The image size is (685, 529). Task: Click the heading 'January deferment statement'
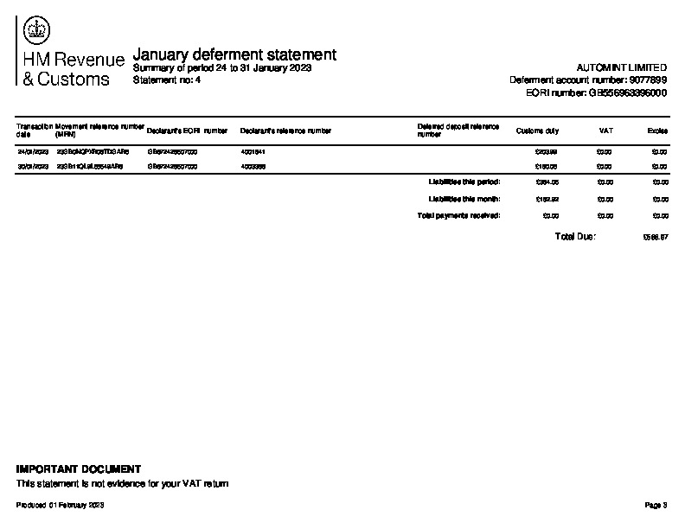(234, 54)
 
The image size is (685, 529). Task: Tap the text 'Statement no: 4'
(167, 80)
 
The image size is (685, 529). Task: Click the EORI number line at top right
(596, 92)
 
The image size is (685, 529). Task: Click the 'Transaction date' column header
(34, 131)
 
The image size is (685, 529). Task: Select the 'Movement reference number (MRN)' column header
(99, 131)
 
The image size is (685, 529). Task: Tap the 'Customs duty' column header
(537, 131)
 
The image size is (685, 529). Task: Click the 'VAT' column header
(605, 131)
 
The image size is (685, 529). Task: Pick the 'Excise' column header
(657, 131)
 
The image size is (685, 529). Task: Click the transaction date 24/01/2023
(33, 151)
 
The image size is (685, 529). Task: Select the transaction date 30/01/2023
(33, 165)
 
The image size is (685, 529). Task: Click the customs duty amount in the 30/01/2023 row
(547, 165)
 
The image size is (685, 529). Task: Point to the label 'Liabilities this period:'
(464, 182)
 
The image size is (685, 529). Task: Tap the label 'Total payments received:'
(458, 214)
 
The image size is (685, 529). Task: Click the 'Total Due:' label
(575, 236)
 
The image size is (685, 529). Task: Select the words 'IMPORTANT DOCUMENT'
(79, 469)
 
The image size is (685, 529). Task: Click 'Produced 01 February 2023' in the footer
(61, 505)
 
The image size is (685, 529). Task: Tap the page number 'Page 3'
(656, 505)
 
